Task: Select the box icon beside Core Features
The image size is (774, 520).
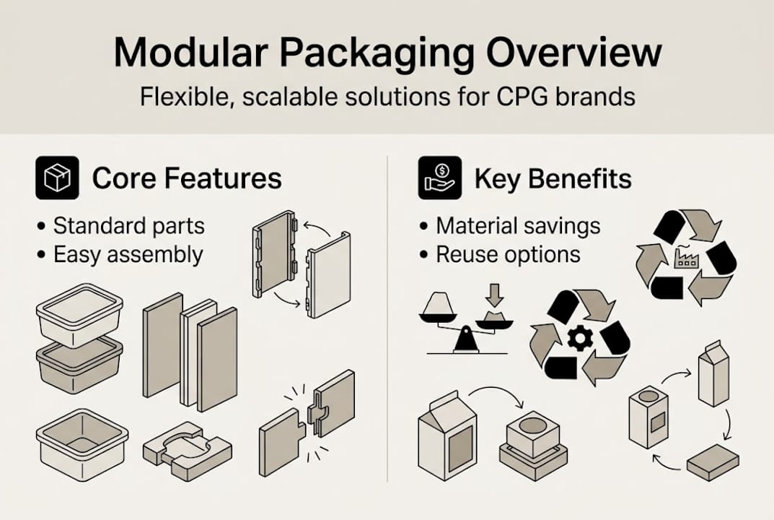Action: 57,178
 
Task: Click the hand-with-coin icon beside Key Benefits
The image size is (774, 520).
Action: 439,178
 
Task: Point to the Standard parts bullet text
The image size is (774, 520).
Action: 129,225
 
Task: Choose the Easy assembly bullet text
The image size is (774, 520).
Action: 128,254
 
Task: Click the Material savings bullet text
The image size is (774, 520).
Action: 518,225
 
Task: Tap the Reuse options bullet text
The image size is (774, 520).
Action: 508,254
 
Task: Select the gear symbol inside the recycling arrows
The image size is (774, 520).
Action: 579,337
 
